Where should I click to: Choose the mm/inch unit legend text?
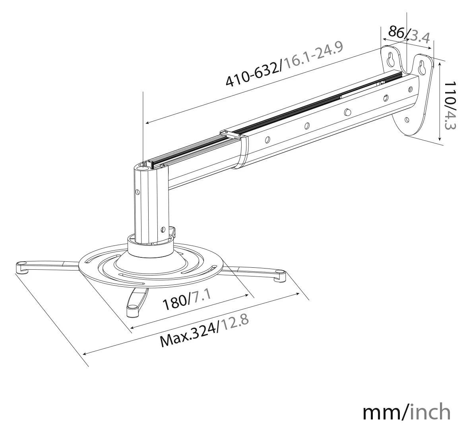407,412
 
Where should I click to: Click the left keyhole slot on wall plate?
390,60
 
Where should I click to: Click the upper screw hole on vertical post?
138,191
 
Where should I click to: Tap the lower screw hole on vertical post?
163,229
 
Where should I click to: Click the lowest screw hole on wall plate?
407,120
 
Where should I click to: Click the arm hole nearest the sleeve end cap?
267,139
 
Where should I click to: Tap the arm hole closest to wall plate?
410,89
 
